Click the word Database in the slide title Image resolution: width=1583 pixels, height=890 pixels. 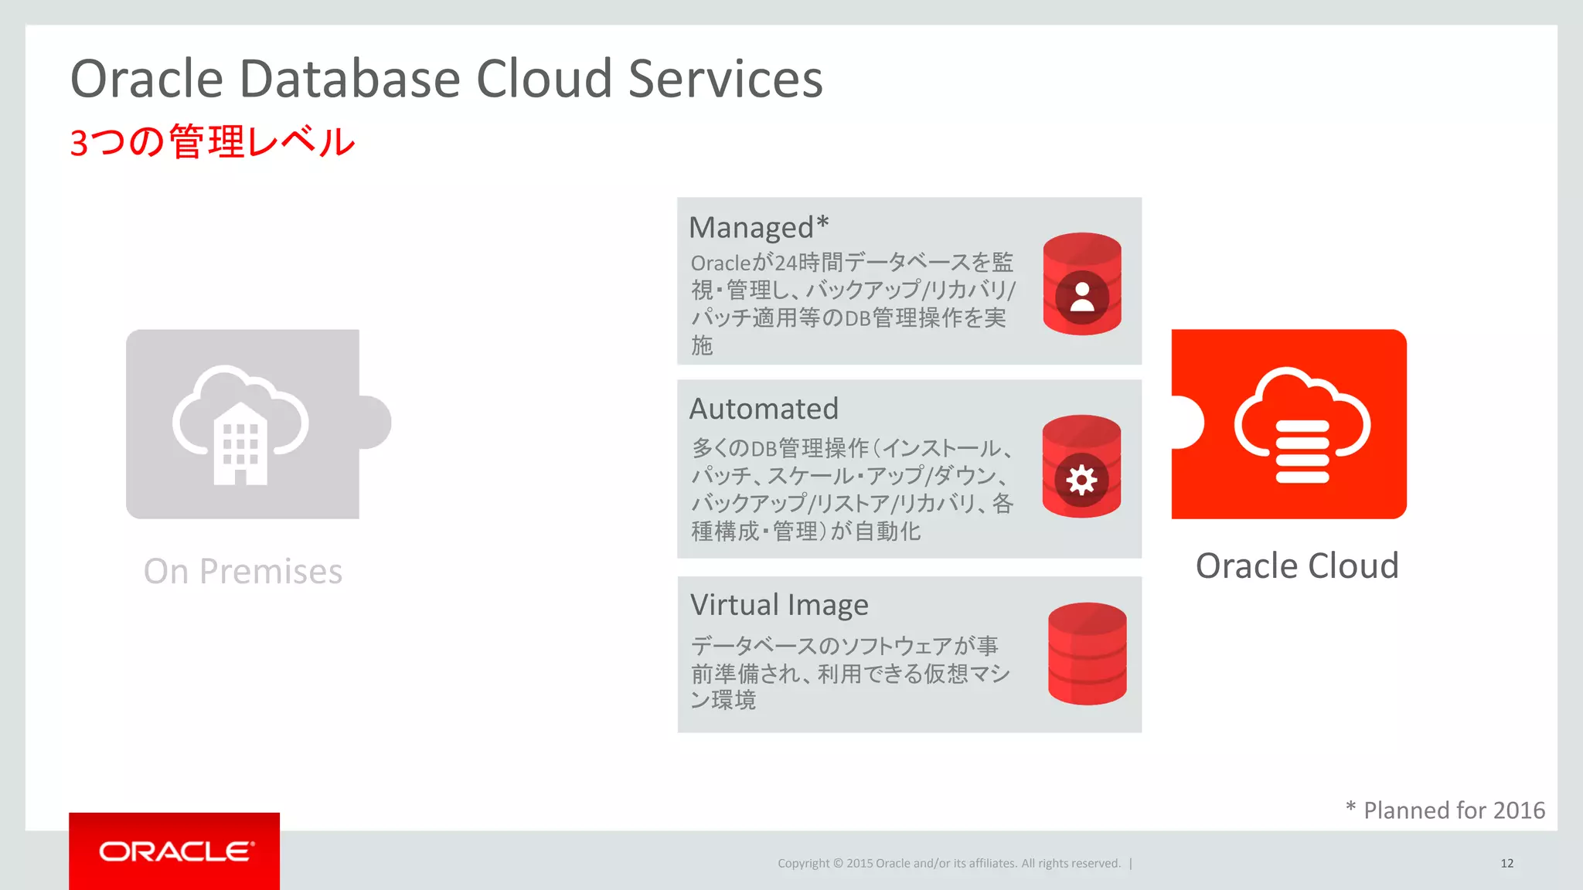350,79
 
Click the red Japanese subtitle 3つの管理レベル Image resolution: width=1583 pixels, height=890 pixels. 212,142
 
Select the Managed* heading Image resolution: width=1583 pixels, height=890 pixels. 758,227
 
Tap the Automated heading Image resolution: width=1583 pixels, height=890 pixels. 764,409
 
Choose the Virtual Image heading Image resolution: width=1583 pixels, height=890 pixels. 779,605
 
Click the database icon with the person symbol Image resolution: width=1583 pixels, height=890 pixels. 1081,284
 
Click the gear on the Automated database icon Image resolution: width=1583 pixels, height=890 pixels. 1081,481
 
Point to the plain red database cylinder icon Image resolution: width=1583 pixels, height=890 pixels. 1087,654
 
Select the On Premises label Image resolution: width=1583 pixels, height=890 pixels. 243,572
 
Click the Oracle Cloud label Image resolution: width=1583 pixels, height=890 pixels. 1297,566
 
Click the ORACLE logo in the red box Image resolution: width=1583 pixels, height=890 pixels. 175,851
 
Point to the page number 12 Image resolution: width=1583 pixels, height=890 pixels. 1506,863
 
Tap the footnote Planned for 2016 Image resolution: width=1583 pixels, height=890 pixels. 1453,810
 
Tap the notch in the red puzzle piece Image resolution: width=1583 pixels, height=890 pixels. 1187,422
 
